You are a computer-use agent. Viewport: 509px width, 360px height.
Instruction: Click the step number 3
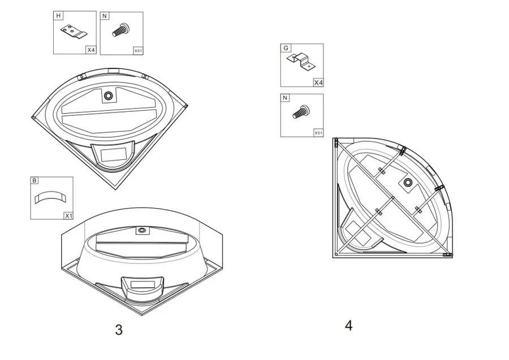pyautogui.click(x=119, y=329)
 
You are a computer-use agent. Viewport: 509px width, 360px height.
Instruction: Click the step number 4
pyautogui.click(x=348, y=326)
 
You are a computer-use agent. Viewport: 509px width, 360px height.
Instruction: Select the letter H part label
pyautogui.click(x=58, y=16)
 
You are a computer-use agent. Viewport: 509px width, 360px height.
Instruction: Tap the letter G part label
pyautogui.click(x=286, y=48)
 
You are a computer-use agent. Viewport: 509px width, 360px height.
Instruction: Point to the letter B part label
pyautogui.click(x=34, y=180)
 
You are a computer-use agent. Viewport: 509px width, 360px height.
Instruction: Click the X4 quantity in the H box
pyautogui.click(x=91, y=50)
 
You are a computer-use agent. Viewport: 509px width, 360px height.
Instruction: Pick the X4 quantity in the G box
pyautogui.click(x=318, y=83)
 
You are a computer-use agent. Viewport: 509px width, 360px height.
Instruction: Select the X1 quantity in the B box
pyautogui.click(x=68, y=216)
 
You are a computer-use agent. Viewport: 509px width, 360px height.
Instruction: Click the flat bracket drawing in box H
pyautogui.click(x=74, y=32)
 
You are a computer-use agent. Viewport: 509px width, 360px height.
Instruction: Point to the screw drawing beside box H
pyautogui.click(x=121, y=30)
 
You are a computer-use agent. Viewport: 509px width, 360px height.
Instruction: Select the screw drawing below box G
pyautogui.click(x=301, y=112)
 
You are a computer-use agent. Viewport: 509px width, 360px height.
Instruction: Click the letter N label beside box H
pyautogui.click(x=105, y=16)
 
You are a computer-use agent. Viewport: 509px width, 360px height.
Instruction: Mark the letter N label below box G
pyautogui.click(x=285, y=98)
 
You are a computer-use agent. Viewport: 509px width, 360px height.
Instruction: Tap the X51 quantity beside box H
pyautogui.click(x=139, y=51)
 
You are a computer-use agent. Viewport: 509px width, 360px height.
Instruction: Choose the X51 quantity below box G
pyautogui.click(x=318, y=133)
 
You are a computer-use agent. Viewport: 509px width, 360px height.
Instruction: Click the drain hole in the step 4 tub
pyautogui.click(x=408, y=183)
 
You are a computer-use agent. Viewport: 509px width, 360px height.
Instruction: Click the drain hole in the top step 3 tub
pyautogui.click(x=108, y=96)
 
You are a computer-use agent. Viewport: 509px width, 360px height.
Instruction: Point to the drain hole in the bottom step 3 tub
pyautogui.click(x=142, y=230)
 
